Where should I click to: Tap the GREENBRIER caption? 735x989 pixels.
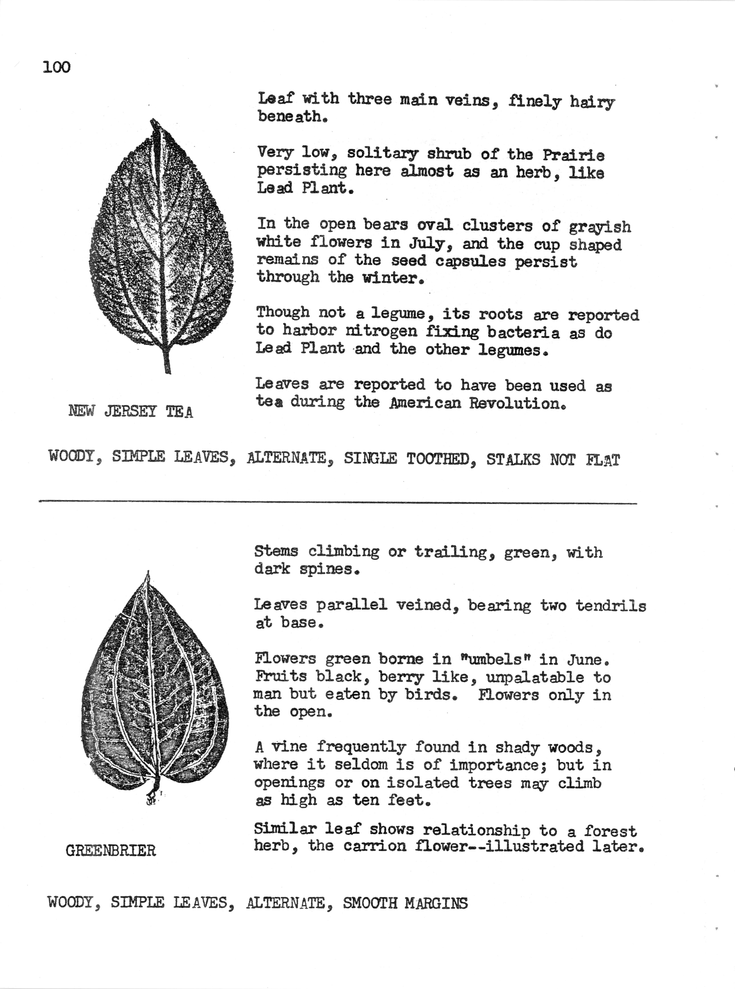pyautogui.click(x=111, y=851)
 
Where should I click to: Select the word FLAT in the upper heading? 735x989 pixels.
pyautogui.click(x=602, y=460)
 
